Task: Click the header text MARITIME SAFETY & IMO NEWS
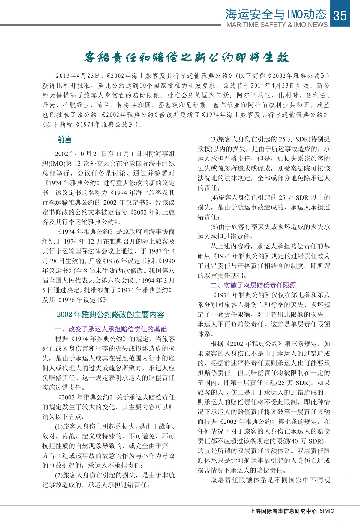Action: pos(277,25)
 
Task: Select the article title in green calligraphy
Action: pos(186,57)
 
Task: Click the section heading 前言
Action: pos(64,140)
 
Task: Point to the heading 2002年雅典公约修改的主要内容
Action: pos(111,315)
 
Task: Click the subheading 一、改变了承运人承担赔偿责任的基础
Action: pos(111,329)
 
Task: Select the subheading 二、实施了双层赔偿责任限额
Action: pos(253,285)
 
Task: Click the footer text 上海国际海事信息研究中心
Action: pos(283,511)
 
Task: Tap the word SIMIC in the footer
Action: pos(326,511)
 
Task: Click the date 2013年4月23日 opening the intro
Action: pos(78,76)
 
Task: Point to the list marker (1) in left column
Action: pos(59,426)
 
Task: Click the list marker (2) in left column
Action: pos(59,475)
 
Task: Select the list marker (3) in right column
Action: pos(214,139)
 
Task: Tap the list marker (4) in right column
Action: pos(214,197)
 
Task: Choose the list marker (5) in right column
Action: pos(214,227)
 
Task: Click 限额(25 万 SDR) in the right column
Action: pos(303,383)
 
